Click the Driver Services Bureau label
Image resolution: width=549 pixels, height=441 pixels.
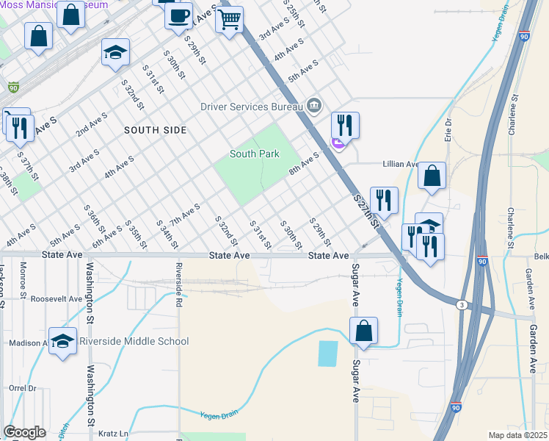[252, 107]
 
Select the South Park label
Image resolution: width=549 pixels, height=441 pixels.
[254, 154]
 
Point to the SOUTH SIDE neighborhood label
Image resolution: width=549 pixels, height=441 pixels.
[155, 130]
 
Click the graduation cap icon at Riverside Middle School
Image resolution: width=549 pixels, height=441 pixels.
[64, 341]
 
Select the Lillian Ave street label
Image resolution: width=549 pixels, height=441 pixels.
[400, 165]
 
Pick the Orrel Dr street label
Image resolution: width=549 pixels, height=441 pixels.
[22, 388]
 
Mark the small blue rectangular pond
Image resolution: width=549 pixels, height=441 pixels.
[328, 354]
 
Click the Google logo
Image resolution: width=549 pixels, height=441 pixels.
[24, 432]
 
